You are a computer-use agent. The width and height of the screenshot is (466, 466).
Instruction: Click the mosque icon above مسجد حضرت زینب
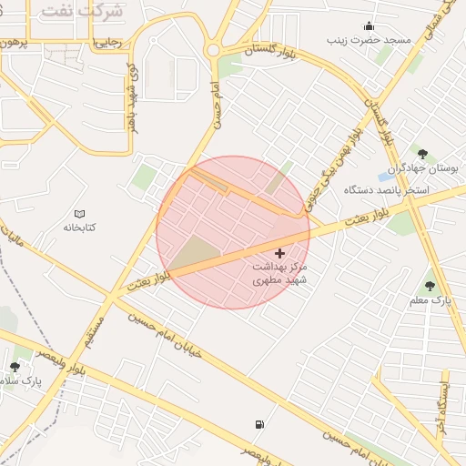[x=369, y=25]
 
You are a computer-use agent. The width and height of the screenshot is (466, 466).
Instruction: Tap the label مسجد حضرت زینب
[x=372, y=41]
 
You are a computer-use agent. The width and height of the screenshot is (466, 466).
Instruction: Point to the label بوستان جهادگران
[x=425, y=169]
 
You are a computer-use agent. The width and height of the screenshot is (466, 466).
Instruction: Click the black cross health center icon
[x=279, y=252]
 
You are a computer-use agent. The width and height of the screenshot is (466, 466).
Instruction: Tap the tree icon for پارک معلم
[x=430, y=286]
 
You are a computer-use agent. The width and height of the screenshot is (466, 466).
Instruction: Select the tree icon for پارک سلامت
[x=15, y=366]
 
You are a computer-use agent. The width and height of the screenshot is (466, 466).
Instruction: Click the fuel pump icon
[x=261, y=424]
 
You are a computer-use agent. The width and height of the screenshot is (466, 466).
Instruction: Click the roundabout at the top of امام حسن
[x=215, y=49]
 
